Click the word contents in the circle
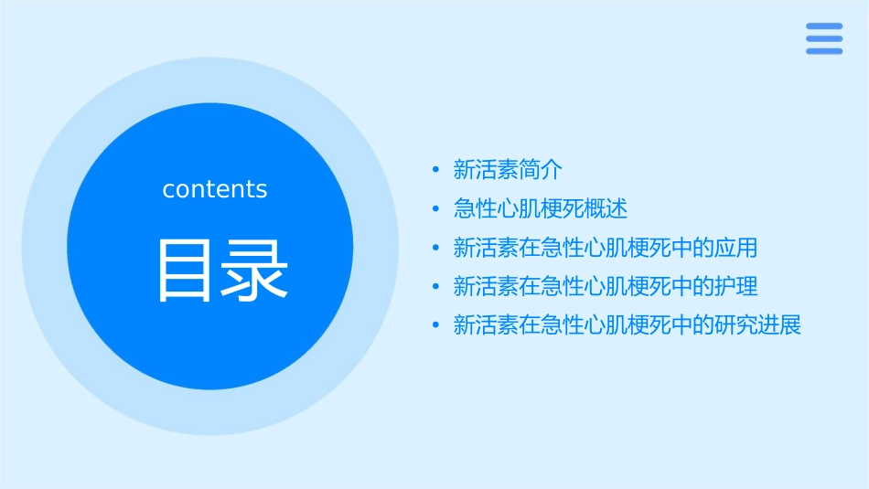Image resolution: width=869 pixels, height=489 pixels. coord(215,189)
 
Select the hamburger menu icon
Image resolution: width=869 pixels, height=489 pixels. coord(824,38)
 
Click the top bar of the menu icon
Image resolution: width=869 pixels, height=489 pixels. coord(824,26)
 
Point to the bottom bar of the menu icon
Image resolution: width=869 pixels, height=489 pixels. coord(824,51)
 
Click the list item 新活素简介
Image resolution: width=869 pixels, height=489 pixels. coord(508,169)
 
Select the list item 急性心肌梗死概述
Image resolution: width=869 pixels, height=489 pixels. coord(541,208)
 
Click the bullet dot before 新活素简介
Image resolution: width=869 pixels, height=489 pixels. coord(435,170)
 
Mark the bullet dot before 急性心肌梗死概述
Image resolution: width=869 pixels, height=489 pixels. coord(435,209)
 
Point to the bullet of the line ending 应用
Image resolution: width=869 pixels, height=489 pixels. coord(435,248)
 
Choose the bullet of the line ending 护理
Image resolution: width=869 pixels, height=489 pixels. coord(435,287)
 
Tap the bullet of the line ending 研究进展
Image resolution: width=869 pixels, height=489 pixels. coord(435,326)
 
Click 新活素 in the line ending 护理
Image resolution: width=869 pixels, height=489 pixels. coord(486,286)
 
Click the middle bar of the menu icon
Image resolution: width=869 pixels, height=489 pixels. coord(824,38)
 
